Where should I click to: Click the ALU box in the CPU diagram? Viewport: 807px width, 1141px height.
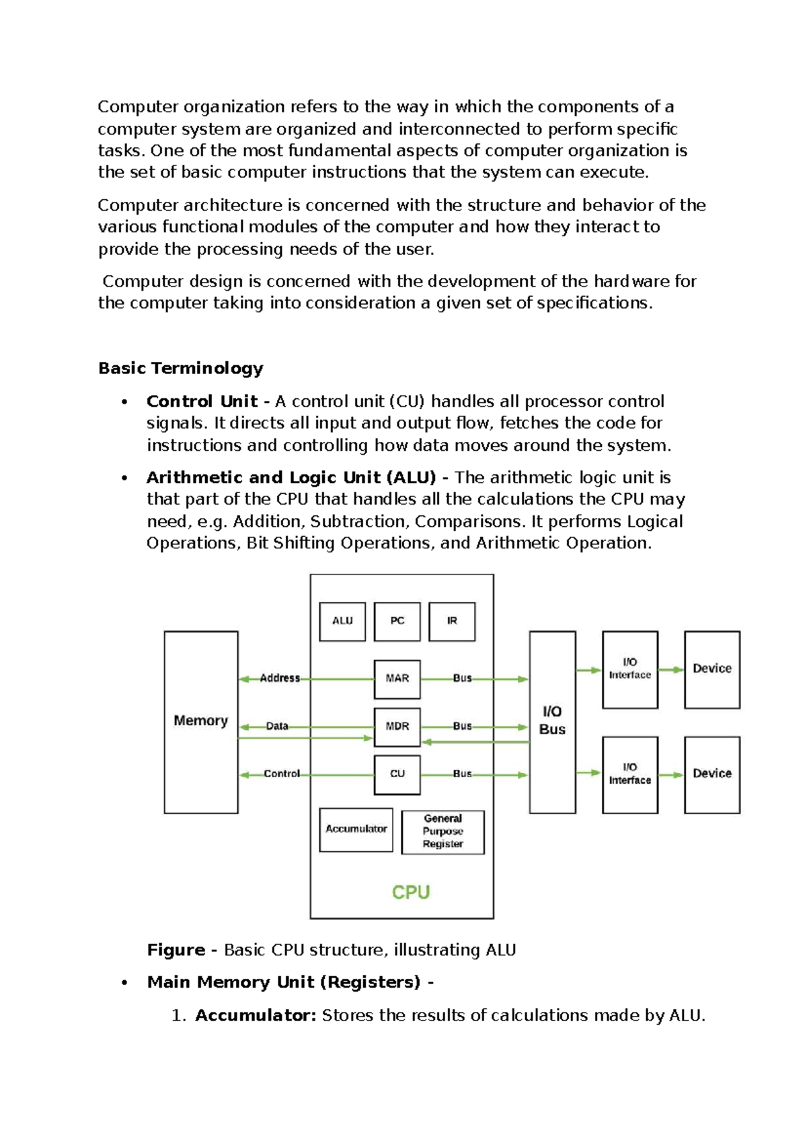coord(342,621)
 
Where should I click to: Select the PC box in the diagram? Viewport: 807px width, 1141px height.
coord(397,621)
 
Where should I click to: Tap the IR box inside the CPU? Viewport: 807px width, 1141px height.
coord(452,621)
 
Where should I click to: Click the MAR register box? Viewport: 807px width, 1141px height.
coord(397,679)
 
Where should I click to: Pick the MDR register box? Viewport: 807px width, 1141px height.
coord(397,727)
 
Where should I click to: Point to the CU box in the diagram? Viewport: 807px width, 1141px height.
coord(397,774)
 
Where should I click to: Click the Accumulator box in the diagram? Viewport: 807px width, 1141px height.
coord(356,829)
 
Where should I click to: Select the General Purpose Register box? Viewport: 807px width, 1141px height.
coord(443,832)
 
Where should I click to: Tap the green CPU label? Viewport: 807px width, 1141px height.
coord(410,893)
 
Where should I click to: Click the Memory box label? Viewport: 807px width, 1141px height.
coord(200,721)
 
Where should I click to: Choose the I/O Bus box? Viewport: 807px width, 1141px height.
coord(552,721)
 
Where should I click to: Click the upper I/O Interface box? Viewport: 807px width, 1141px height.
coord(629,669)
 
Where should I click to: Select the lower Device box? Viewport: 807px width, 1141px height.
coord(712,774)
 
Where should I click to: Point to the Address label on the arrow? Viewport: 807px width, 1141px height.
coord(280,678)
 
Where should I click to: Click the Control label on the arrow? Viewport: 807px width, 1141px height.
coord(282,774)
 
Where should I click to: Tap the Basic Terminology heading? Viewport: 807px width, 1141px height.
coord(180,368)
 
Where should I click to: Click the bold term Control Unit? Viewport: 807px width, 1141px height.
coord(202,402)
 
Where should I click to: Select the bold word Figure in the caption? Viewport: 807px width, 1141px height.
coord(176,950)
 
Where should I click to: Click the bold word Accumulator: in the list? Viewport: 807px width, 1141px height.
coord(256,1015)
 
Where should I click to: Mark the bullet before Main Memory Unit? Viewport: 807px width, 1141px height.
coord(124,983)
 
